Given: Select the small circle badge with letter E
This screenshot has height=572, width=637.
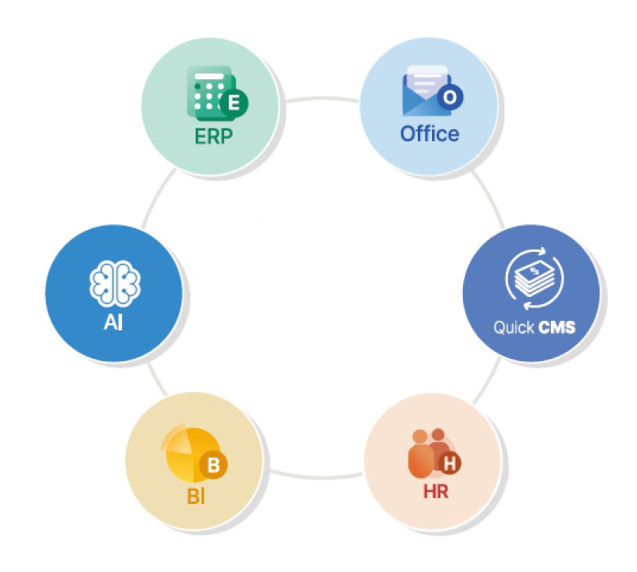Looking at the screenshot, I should [233, 102].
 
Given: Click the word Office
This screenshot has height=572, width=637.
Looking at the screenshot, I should [430, 133].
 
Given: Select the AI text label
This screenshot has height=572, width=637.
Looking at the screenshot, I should [114, 324].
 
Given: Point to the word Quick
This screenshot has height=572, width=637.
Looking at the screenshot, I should [514, 327].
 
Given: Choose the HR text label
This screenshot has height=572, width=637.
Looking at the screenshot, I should [435, 491].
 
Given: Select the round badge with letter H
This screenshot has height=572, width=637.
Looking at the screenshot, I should [451, 463].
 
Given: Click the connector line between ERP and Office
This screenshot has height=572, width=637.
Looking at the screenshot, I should [320, 99].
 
